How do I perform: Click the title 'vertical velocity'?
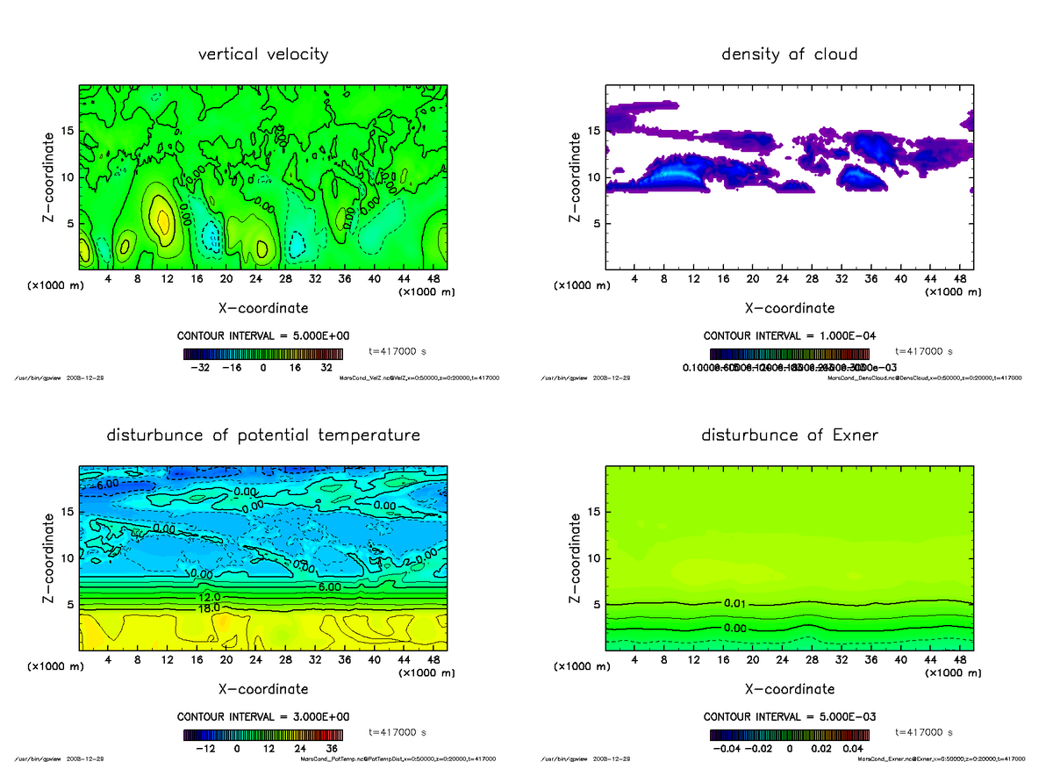263,54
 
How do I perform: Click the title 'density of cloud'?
789,54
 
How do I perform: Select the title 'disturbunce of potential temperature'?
263,435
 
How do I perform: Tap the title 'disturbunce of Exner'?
789,435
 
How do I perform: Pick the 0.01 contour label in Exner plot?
735,603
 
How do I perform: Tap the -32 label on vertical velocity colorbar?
204,369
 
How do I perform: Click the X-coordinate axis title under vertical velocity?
263,308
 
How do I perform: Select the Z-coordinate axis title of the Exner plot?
576,557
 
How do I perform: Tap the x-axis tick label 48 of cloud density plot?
958,278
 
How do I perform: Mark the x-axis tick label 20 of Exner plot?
752,659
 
